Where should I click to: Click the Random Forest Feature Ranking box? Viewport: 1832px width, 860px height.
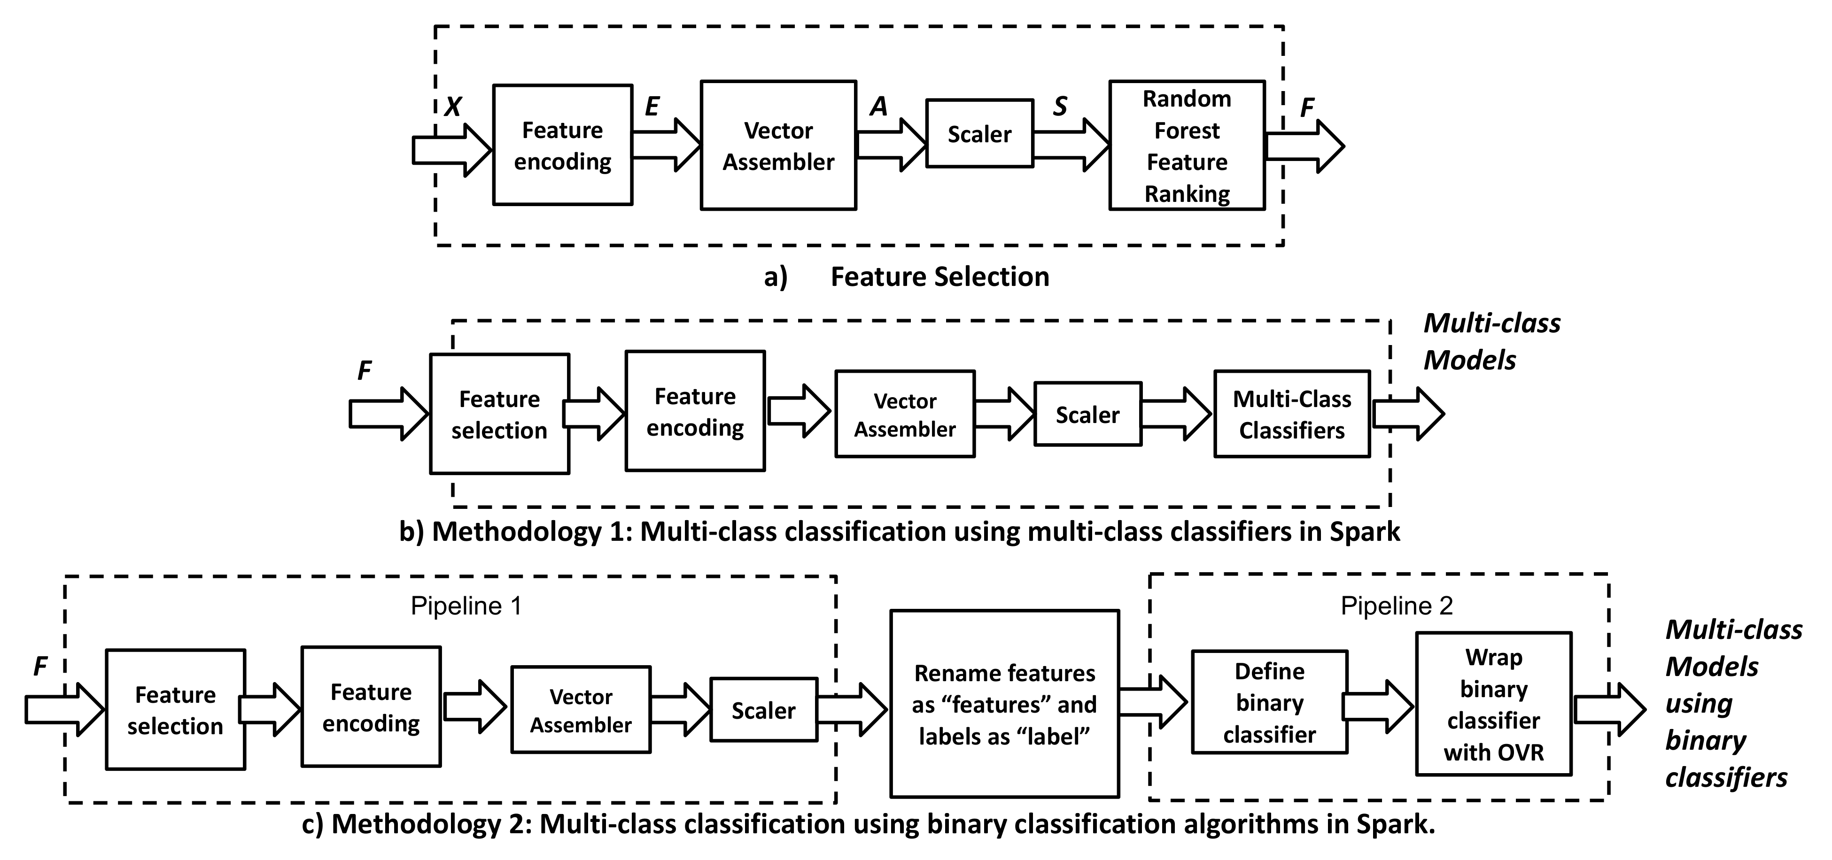click(x=1186, y=146)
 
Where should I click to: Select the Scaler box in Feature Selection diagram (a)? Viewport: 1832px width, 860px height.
click(x=979, y=134)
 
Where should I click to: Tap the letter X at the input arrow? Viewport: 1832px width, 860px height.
click(x=453, y=107)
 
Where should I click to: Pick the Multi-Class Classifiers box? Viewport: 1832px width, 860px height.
click(x=1291, y=414)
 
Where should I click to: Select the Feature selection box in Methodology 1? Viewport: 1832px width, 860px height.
click(x=499, y=414)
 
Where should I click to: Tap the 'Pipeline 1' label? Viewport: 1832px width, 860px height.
click(x=466, y=606)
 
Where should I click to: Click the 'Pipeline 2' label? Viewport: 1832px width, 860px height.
click(x=1396, y=606)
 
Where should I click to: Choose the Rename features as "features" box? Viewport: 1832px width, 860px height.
click(x=1004, y=704)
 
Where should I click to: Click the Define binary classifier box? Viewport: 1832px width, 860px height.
click(x=1269, y=702)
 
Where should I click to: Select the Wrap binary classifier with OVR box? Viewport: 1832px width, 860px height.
click(x=1493, y=704)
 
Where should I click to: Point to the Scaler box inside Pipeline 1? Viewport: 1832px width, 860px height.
click(x=763, y=710)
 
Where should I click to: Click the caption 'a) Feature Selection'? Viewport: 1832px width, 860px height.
click(x=907, y=276)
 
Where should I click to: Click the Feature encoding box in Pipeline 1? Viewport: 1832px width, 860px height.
click(x=371, y=706)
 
